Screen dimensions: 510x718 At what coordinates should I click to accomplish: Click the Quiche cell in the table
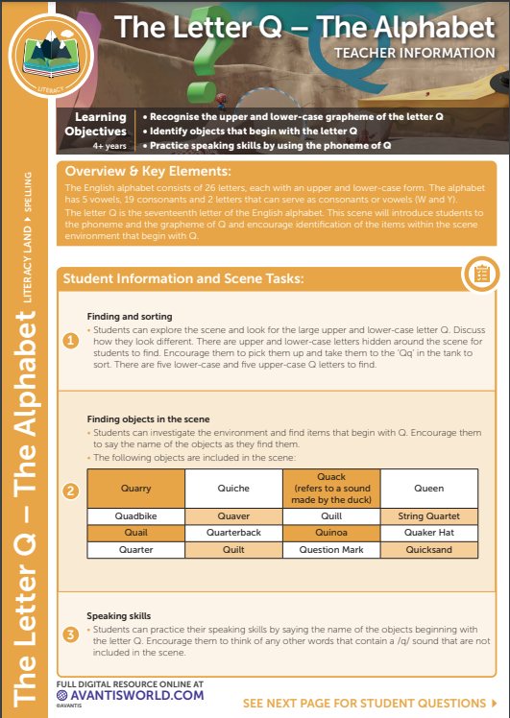pos(233,489)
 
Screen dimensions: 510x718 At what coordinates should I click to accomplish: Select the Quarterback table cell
pos(233,533)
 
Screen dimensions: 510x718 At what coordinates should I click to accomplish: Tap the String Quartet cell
pos(429,516)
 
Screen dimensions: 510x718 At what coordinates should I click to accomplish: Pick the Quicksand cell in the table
pos(429,549)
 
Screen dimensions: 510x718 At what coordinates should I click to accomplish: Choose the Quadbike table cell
pos(136,516)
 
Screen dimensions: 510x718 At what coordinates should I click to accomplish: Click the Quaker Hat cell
pos(429,533)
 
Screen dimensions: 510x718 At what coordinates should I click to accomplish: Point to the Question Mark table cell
pos(331,549)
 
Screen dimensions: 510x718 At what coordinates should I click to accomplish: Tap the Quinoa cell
pos(331,533)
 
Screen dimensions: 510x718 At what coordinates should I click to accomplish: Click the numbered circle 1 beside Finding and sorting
pos(70,341)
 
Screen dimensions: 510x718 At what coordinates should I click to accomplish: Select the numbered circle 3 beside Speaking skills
pos(70,635)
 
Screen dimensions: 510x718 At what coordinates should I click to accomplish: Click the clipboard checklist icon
pos(481,275)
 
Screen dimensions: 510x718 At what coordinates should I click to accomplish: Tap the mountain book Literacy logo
pos(51,55)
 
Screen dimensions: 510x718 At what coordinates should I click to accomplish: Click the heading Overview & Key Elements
pos(148,171)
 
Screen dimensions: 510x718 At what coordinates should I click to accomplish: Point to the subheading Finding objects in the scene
pos(149,419)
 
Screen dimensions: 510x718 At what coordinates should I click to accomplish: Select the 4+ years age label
pos(109,146)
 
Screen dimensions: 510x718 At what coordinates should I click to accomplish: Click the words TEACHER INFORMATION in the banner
pos(415,53)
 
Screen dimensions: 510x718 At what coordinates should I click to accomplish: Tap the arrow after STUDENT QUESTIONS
pos(494,703)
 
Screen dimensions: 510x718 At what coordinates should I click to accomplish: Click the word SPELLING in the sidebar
pos(28,192)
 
